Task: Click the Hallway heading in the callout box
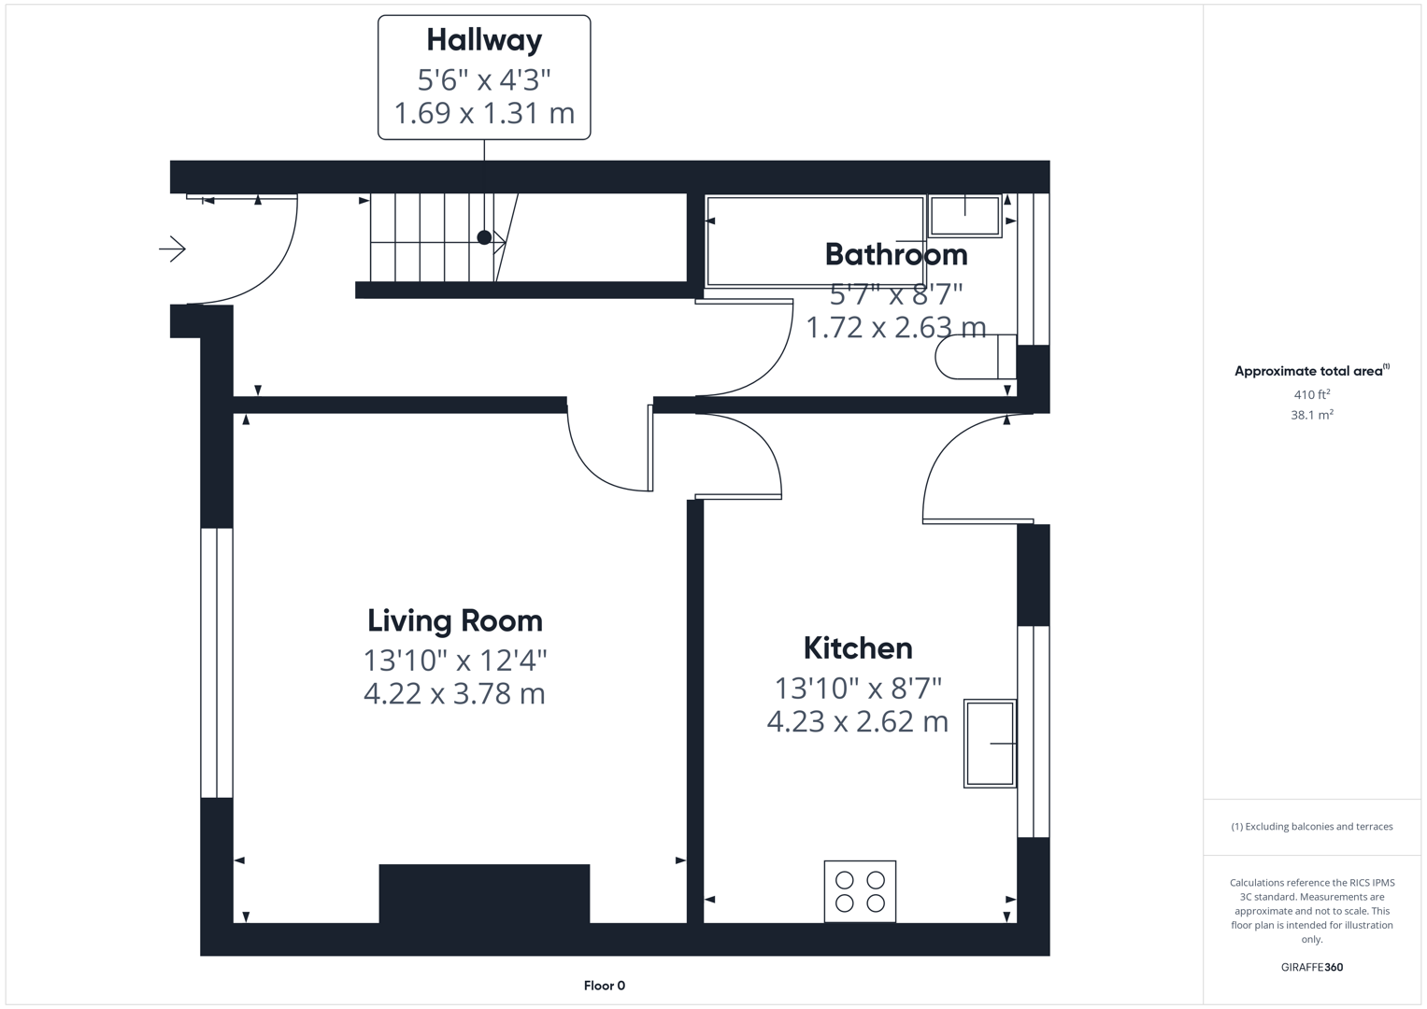(x=484, y=40)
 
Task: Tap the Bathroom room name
(x=896, y=255)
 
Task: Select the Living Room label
(x=455, y=621)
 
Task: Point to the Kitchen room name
(x=858, y=648)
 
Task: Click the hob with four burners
(x=860, y=891)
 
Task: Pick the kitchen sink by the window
(x=990, y=744)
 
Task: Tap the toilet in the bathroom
(x=976, y=357)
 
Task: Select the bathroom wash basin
(x=964, y=216)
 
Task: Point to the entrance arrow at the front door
(x=172, y=249)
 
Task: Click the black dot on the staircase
(x=484, y=237)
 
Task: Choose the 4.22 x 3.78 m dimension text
(x=454, y=693)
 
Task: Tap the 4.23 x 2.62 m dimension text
(x=858, y=721)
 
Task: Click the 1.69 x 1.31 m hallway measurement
(x=484, y=113)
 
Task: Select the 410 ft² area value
(x=1312, y=394)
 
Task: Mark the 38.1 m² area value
(x=1312, y=415)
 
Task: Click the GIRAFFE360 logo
(x=1312, y=967)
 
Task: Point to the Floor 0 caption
(x=605, y=986)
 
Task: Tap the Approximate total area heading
(x=1312, y=371)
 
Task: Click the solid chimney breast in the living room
(x=484, y=893)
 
